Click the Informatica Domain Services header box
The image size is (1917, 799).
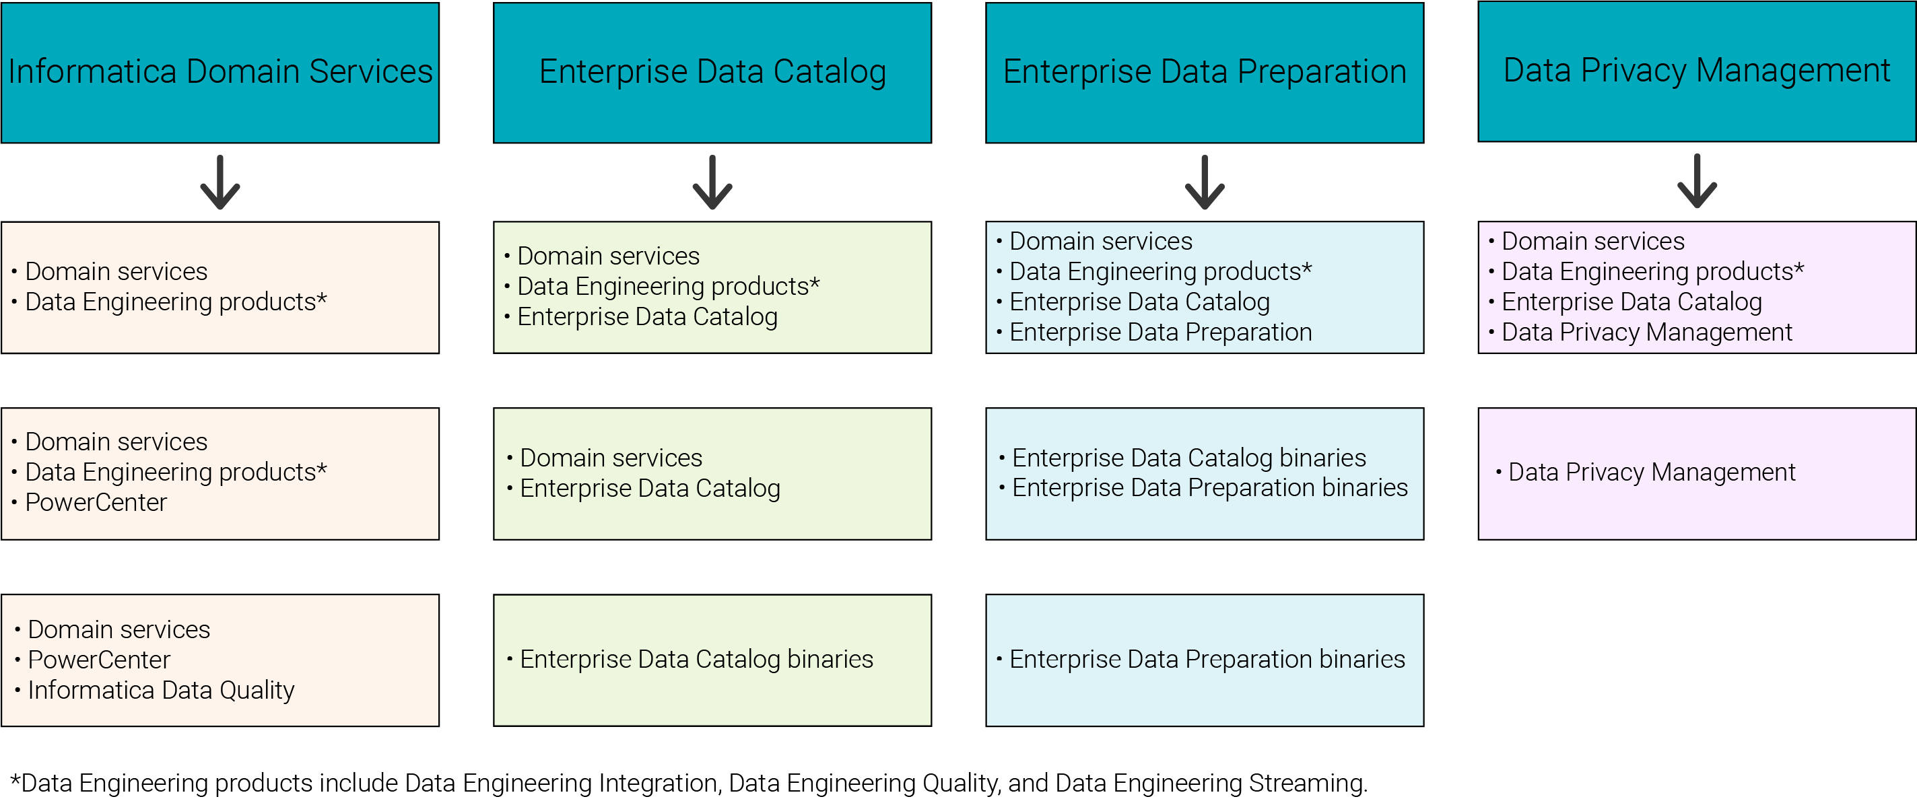click(220, 73)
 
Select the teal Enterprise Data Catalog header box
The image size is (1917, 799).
click(712, 73)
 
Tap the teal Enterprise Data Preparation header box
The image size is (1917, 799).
click(1205, 73)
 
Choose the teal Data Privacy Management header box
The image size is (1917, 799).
click(1697, 71)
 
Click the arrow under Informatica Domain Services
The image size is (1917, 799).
click(220, 182)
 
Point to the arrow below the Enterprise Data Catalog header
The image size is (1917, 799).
click(712, 182)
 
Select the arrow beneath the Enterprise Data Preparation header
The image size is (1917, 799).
click(1205, 182)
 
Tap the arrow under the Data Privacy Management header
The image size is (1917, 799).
click(1697, 181)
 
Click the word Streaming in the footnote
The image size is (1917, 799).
click(1308, 784)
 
